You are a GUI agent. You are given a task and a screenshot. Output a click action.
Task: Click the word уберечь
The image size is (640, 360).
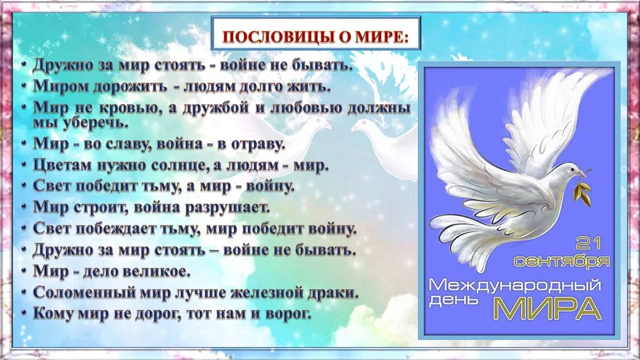[95, 123]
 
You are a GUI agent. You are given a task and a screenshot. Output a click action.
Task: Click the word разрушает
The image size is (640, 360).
[228, 208]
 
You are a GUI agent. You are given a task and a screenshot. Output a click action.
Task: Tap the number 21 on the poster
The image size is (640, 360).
[588, 244]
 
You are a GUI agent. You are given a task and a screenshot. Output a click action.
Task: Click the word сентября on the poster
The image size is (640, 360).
[561, 261]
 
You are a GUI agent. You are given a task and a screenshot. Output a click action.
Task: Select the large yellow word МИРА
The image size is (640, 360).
[548, 308]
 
